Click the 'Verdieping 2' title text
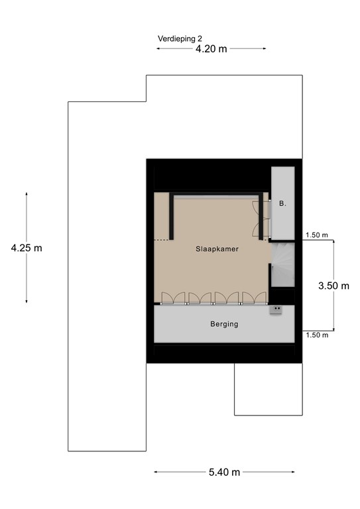[x=180, y=38]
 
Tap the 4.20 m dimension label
[x=211, y=49]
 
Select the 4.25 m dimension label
[x=27, y=248]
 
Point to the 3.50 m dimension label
[x=333, y=286]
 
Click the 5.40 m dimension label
[x=223, y=472]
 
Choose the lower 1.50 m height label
[x=317, y=335]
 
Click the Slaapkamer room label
[x=217, y=249]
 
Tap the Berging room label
[x=224, y=324]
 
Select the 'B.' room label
[x=282, y=203]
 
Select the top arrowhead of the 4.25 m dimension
[x=27, y=194]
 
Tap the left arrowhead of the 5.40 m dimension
[x=156, y=472]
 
